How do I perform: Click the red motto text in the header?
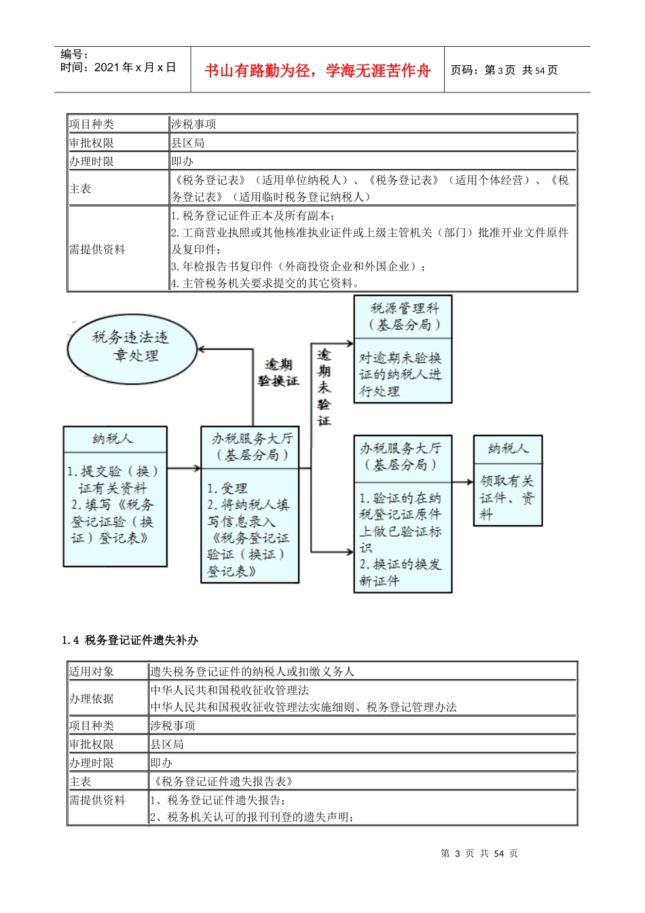coord(317,71)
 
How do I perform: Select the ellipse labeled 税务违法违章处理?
coord(132,347)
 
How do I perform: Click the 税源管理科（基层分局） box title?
coord(403,317)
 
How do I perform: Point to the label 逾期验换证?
coord(278,373)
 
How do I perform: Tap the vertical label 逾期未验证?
coord(324,387)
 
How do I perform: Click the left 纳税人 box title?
coord(114,439)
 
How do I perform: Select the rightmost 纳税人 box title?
coord(507,448)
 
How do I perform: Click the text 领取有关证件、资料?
coord(507,497)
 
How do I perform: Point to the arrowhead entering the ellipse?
coord(202,349)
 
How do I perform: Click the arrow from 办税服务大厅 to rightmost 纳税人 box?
coord(463,482)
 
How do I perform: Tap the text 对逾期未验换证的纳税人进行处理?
coord(401,374)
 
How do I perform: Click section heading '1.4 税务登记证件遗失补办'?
coord(130,640)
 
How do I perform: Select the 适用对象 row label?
coord(92,671)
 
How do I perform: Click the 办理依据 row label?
coord(92,698)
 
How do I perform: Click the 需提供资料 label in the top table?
coord(98,249)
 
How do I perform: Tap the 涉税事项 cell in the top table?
coord(193,124)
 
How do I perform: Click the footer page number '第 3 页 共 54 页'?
coord(479,853)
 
